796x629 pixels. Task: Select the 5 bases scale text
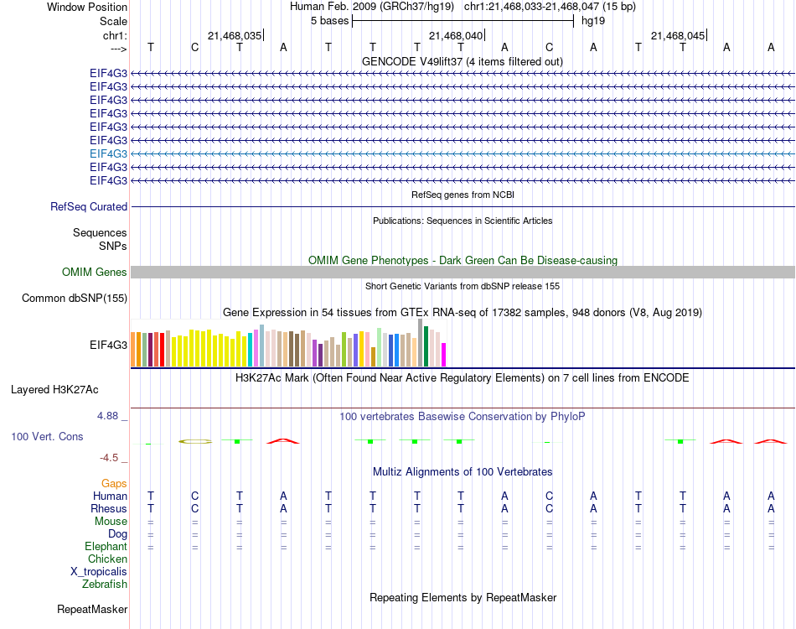click(329, 20)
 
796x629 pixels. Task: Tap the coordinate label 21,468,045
click(678, 35)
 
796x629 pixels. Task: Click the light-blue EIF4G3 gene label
click(109, 153)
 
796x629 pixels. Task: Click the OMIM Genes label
click(95, 272)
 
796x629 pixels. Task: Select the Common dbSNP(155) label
click(75, 298)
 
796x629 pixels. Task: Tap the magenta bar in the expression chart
click(444, 355)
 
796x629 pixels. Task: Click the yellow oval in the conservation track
click(195, 441)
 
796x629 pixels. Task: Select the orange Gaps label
click(114, 483)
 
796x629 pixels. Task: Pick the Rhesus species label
click(109, 508)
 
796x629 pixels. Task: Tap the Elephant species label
click(106, 546)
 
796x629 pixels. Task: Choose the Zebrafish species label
click(105, 584)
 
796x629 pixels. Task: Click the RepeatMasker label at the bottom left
click(92, 609)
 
